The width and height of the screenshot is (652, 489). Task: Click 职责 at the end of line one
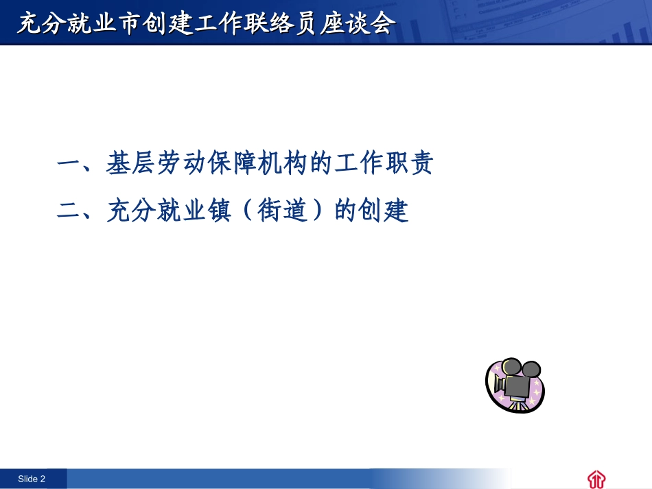409,165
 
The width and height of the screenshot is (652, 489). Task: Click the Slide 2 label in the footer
32,479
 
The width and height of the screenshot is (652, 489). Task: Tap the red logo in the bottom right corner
596,479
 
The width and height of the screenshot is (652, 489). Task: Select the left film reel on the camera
511,366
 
